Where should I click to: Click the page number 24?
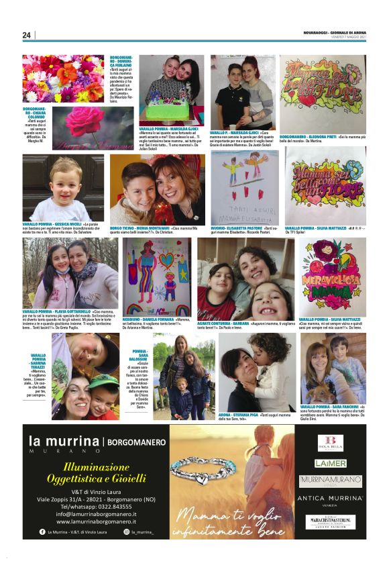pyautogui.click(x=27, y=35)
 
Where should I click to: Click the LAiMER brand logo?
pyautogui.click(x=330, y=463)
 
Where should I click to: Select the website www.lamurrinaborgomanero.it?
pyautogui.click(x=101, y=521)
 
